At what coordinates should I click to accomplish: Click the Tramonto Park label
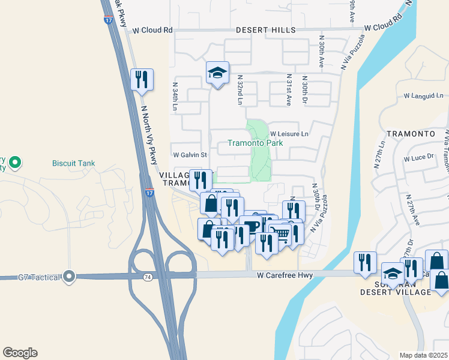(x=255, y=143)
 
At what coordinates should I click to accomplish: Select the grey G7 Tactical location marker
(x=70, y=277)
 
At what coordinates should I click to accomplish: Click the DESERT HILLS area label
(x=265, y=29)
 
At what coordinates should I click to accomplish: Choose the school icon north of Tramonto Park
(x=217, y=74)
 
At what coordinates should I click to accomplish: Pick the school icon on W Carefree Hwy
(x=393, y=274)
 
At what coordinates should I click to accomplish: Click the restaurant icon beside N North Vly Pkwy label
(x=142, y=80)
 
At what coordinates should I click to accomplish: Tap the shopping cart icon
(x=280, y=233)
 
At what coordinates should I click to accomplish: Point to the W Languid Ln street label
(x=423, y=95)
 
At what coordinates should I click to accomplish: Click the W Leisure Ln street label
(x=289, y=134)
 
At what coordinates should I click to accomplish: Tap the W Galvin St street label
(x=190, y=155)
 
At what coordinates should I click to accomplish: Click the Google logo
(x=20, y=353)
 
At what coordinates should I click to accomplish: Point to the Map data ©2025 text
(x=424, y=355)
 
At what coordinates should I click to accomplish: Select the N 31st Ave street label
(x=289, y=90)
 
